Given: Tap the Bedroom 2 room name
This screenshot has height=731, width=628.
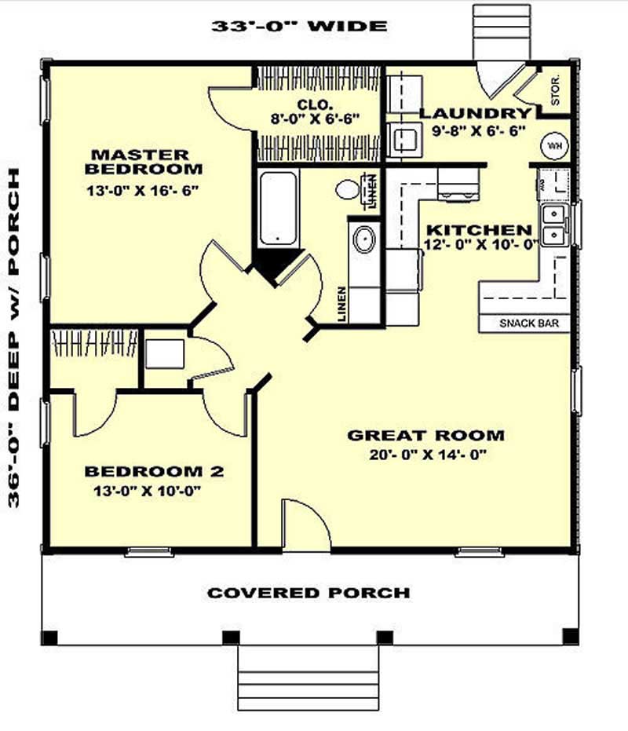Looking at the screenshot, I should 154,471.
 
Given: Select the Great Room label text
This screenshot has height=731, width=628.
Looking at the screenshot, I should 425,435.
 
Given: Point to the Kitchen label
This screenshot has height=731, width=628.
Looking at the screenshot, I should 479,230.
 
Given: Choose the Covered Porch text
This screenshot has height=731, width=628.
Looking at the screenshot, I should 309,593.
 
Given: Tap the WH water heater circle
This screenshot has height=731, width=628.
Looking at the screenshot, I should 554,146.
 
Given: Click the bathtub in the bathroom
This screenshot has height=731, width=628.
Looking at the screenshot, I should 278,208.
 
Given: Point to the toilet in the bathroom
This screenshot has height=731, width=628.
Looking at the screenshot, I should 347,189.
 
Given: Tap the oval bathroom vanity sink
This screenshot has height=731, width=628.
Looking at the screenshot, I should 363,239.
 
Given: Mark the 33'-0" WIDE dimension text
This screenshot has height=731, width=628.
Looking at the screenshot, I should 299,26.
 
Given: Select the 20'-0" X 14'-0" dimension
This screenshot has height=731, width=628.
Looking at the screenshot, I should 425,455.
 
